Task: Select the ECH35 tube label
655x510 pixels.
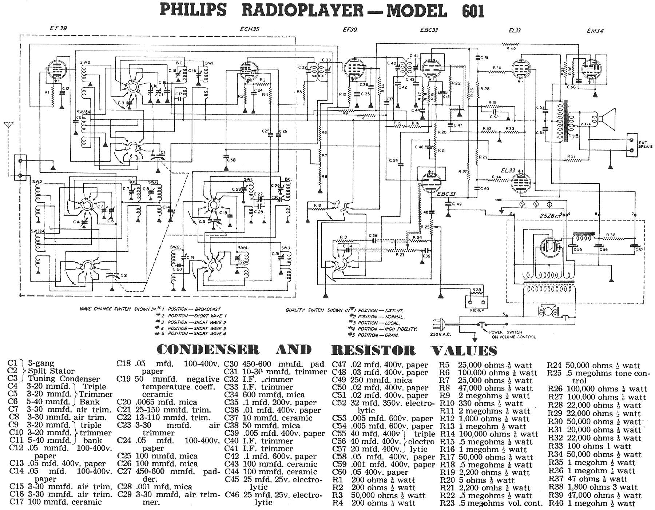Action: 250,29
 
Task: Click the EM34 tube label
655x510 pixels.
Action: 595,31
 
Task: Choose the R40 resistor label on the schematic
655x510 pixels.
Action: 511,48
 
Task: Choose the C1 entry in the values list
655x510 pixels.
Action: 12,363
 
